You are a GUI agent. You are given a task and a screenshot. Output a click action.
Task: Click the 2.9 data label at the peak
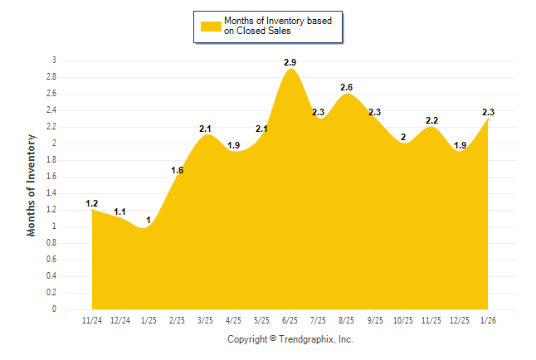[290, 62]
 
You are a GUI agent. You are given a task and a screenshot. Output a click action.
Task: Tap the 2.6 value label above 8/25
[347, 87]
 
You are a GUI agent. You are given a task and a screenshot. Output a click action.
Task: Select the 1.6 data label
[177, 170]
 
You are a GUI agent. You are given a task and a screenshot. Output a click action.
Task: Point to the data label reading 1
[149, 220]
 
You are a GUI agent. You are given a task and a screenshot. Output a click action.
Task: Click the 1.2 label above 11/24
[92, 203]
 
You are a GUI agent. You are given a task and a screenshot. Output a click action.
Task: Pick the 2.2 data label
[431, 120]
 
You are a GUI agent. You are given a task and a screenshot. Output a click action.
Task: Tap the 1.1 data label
[120, 212]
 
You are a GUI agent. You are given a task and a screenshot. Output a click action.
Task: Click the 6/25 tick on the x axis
[290, 319]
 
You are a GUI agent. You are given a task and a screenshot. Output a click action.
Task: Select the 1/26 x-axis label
[488, 319]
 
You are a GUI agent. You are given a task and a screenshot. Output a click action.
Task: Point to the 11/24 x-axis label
[92, 319]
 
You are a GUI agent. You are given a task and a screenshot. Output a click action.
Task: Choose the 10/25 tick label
[403, 319]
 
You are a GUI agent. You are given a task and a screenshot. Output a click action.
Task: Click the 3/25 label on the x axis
[205, 319]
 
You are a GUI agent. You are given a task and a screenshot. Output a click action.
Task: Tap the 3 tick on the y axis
[54, 61]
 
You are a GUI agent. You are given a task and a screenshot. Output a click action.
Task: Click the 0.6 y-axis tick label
[51, 260]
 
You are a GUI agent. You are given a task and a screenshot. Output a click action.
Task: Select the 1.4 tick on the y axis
[51, 193]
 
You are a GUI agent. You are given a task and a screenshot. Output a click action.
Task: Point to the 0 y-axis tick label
[54, 309]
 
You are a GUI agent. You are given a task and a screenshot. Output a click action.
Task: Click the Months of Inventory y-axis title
[32, 185]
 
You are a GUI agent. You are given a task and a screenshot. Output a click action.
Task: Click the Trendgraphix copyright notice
[290, 339]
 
